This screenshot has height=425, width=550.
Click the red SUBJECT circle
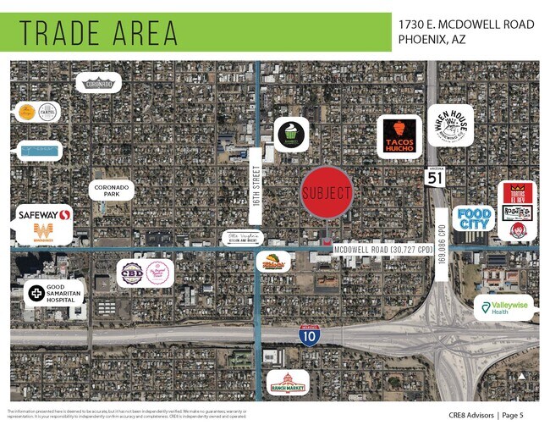point(327,193)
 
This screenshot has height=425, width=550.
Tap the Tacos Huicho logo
point(399,136)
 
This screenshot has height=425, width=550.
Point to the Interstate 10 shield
point(309,335)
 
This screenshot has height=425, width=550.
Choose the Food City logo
point(474,218)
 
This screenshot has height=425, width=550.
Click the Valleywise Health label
point(505,307)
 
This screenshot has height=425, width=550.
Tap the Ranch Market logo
point(289,384)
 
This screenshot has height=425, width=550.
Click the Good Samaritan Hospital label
point(55,293)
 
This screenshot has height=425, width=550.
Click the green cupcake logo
point(291,134)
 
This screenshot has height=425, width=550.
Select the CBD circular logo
point(133,272)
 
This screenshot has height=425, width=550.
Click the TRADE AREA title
point(99,33)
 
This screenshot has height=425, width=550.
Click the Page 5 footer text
point(514,415)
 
